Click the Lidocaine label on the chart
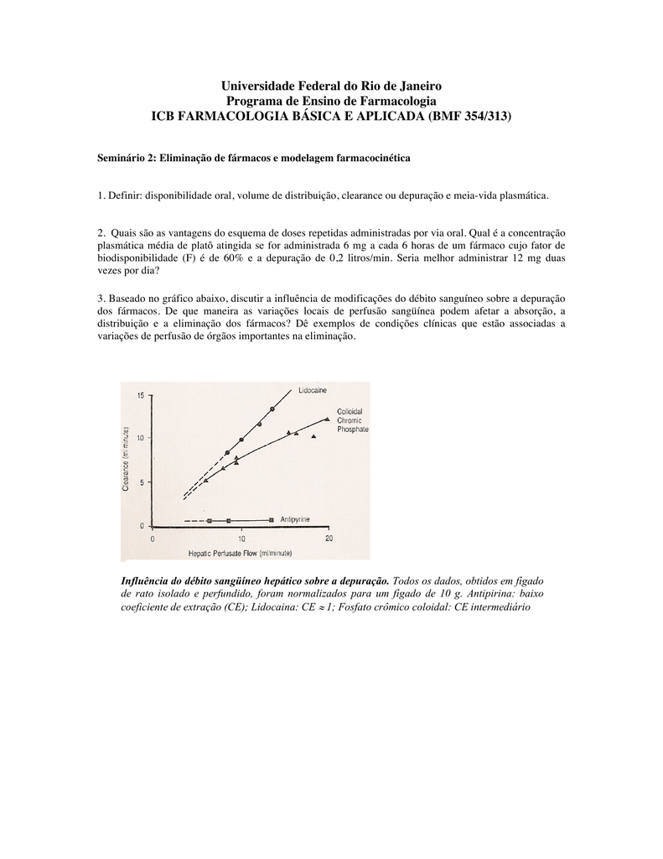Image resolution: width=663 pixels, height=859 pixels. tap(313, 390)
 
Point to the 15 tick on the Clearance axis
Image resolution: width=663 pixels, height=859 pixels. tap(140, 395)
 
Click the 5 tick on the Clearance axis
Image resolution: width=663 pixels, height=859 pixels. tap(142, 482)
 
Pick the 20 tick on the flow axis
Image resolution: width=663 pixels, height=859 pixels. tap(329, 539)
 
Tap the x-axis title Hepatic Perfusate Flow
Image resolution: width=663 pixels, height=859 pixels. tap(239, 552)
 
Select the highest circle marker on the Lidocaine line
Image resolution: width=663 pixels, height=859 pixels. tap(272, 409)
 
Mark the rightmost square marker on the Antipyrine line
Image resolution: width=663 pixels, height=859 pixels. tap(272, 520)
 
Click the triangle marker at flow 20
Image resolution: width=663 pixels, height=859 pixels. tap(327, 418)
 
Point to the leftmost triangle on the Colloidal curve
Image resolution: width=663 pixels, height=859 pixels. tap(206, 480)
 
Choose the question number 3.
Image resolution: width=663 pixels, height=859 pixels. tap(101, 298)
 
